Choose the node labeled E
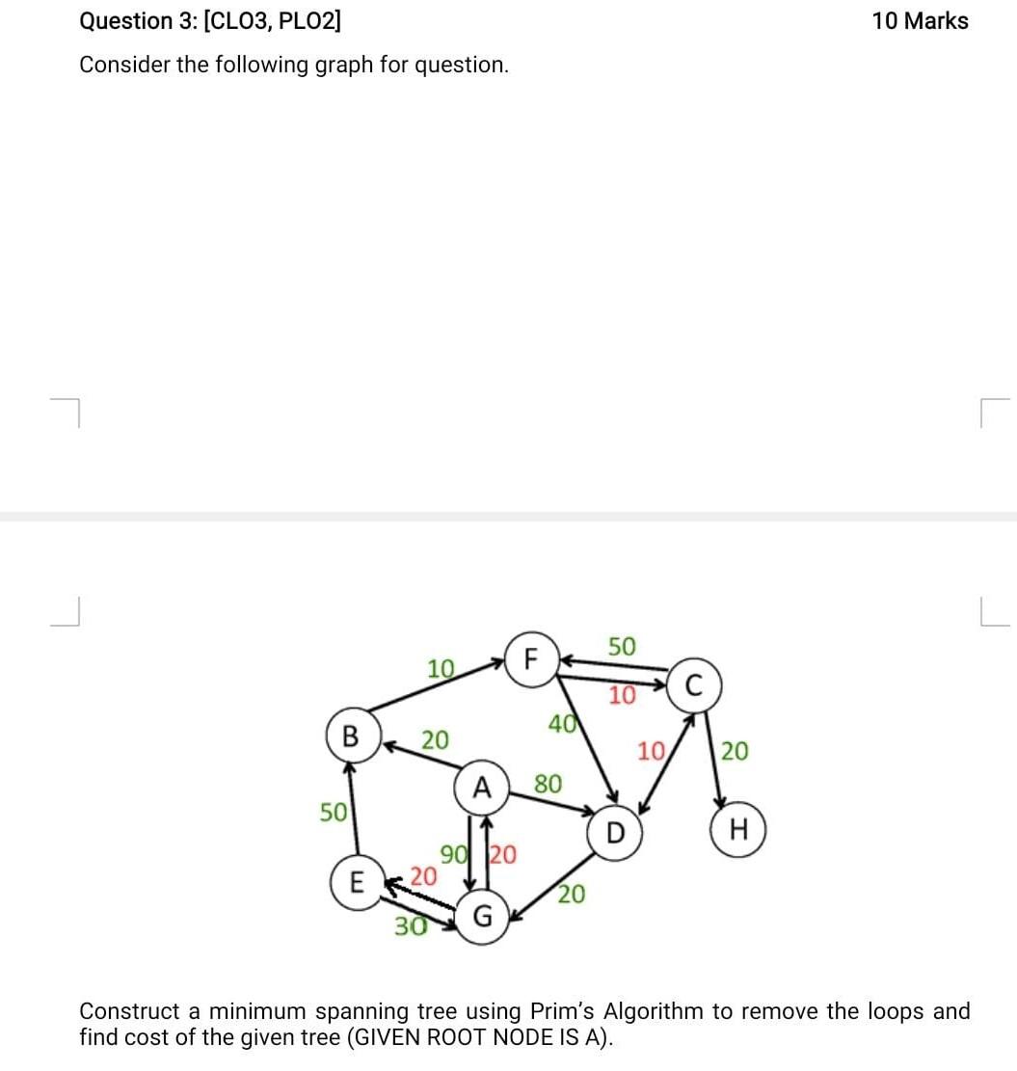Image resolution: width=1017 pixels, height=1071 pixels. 356,882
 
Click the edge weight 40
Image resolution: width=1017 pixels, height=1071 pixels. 562,721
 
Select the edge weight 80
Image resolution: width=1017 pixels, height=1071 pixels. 548,783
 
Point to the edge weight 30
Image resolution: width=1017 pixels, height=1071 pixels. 410,926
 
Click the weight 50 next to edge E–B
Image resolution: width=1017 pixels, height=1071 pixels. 334,812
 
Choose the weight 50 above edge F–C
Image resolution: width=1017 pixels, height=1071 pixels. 622,646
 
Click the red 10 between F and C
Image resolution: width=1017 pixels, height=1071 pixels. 623,694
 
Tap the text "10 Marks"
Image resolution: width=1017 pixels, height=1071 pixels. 920,20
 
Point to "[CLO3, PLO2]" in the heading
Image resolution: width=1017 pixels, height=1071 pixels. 273,20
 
